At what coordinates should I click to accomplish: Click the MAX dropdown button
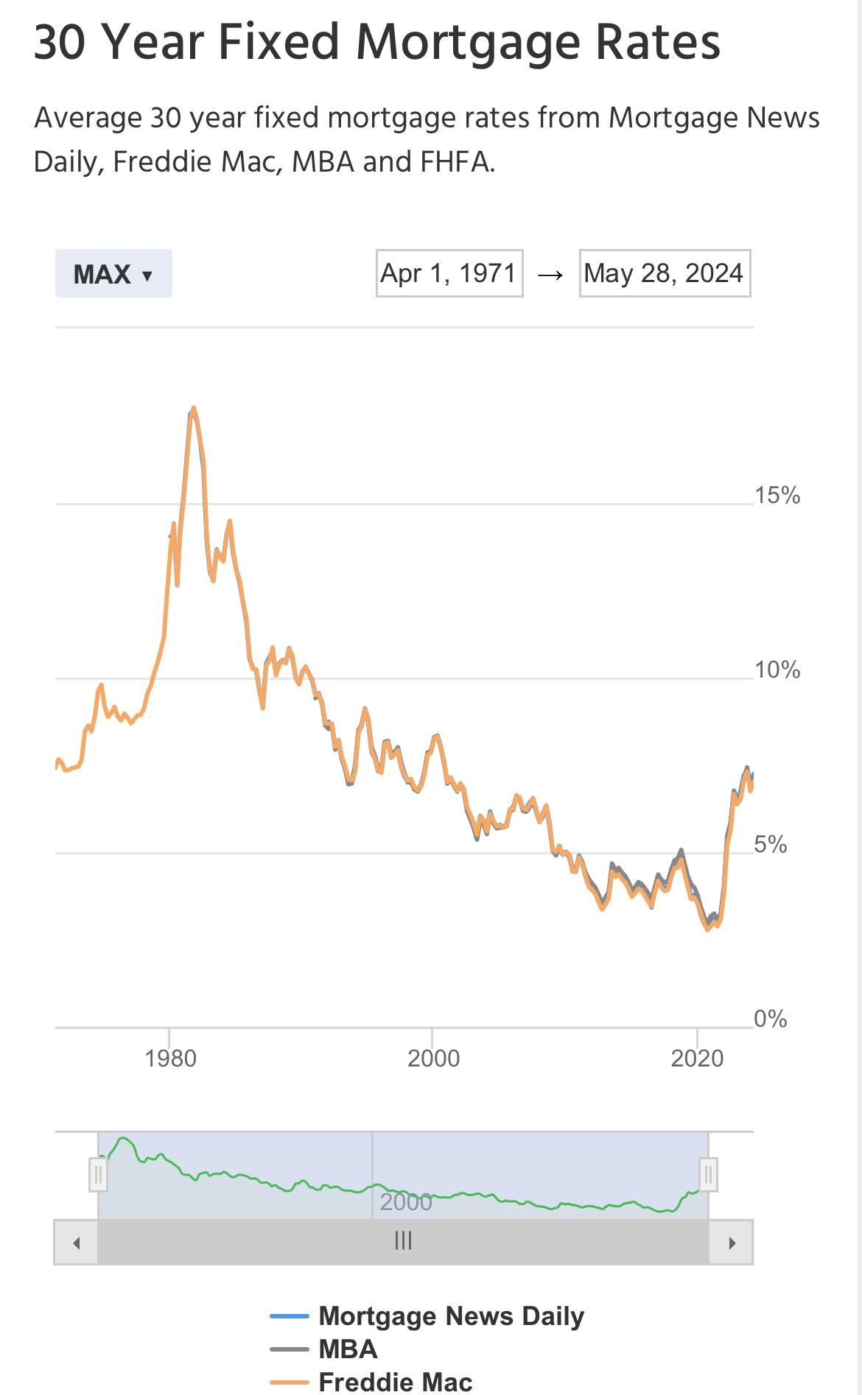(113, 274)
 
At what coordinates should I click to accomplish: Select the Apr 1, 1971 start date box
(449, 273)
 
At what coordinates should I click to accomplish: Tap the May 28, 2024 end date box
(664, 273)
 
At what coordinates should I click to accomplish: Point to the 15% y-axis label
(777, 495)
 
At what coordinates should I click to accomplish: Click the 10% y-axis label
(777, 670)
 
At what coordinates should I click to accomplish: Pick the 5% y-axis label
(770, 844)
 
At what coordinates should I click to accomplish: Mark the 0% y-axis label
(770, 1019)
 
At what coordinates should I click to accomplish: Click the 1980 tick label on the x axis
(170, 1058)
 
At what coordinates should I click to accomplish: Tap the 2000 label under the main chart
(433, 1058)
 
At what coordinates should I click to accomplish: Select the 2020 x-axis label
(696, 1058)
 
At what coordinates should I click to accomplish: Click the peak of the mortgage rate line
(193, 408)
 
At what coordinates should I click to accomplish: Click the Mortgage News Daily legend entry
(450, 1315)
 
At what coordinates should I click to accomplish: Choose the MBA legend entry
(347, 1349)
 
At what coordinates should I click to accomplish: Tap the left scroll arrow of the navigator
(76, 1243)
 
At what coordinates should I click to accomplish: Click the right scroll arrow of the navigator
(731, 1243)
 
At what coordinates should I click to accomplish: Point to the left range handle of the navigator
(98, 1175)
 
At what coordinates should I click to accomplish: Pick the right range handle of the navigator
(708, 1175)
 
